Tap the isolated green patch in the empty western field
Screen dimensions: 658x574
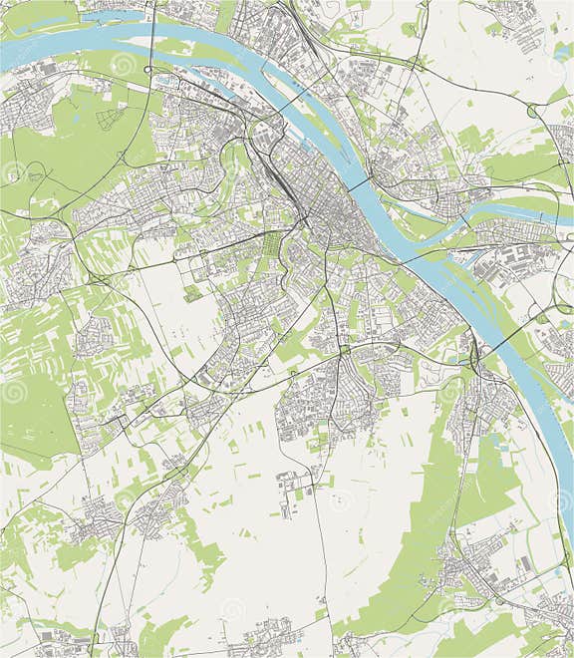pyautogui.click(x=191, y=293)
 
